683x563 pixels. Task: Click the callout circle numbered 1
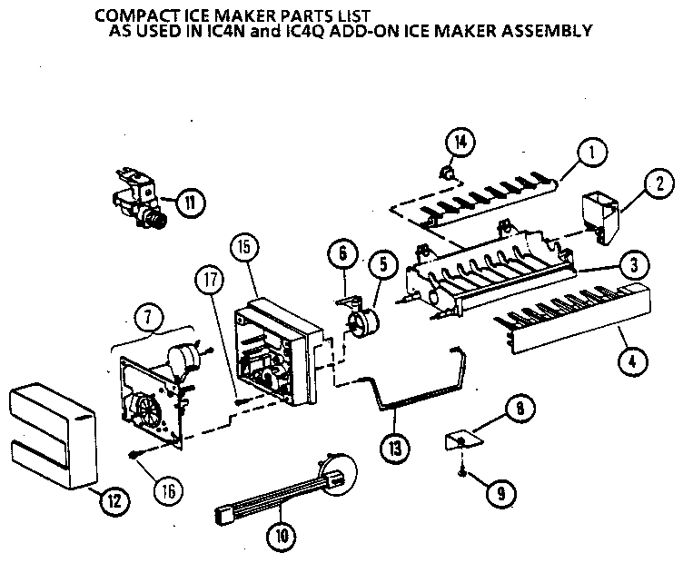(x=591, y=154)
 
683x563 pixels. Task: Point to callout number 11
(x=191, y=201)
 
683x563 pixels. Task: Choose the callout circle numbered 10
(x=283, y=535)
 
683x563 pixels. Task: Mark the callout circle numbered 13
(x=396, y=448)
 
